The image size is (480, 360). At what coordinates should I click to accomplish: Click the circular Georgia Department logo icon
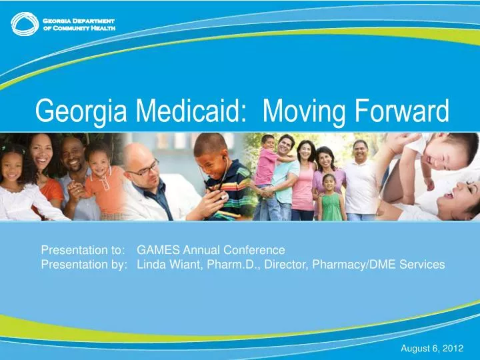click(x=24, y=25)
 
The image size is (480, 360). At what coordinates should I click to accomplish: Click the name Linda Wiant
click(x=167, y=265)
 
